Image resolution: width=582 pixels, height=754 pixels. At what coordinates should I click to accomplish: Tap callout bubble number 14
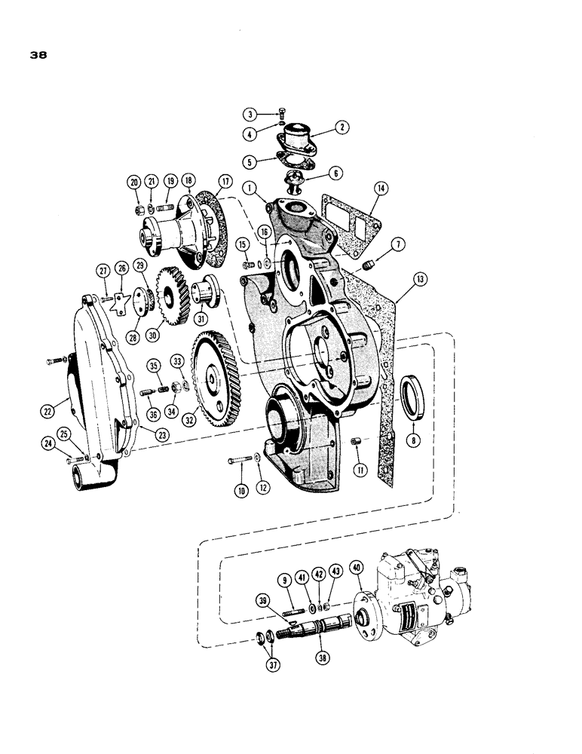[380, 188]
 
